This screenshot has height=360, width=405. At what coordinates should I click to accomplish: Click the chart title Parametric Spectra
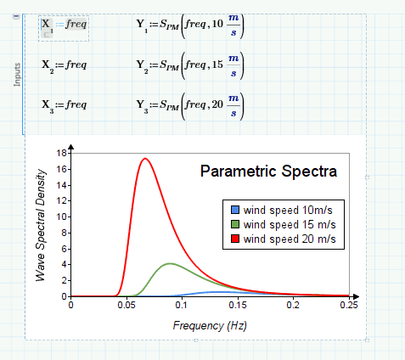point(268,172)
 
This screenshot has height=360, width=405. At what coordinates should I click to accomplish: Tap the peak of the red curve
point(145,158)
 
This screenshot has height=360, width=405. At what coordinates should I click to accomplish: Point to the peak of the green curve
point(170,263)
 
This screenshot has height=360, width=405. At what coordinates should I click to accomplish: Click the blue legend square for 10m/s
point(235,210)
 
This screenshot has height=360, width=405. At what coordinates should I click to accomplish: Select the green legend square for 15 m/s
point(235,224)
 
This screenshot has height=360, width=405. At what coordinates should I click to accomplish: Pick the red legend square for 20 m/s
point(235,239)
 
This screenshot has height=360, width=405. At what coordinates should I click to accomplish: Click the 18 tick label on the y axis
point(61,153)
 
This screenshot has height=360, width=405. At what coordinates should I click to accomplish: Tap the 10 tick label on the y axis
point(61,217)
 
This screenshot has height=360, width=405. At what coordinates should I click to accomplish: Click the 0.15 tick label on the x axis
point(238,305)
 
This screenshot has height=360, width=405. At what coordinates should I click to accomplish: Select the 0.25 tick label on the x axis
point(349,305)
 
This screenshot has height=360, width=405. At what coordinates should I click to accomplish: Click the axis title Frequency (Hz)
point(210,326)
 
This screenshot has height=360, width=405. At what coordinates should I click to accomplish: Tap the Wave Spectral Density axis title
point(41,225)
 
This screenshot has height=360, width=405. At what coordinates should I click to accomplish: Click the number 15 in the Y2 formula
point(217,65)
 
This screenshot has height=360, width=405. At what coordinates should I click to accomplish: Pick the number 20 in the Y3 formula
point(217,104)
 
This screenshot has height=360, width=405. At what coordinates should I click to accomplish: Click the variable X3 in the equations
point(48,106)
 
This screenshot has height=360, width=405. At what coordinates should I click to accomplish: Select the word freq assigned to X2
point(76,65)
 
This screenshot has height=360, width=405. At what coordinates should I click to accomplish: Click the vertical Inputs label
point(17,75)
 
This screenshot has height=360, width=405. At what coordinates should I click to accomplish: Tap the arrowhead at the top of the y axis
point(71,147)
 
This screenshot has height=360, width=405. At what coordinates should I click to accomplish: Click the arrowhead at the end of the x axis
point(357,296)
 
